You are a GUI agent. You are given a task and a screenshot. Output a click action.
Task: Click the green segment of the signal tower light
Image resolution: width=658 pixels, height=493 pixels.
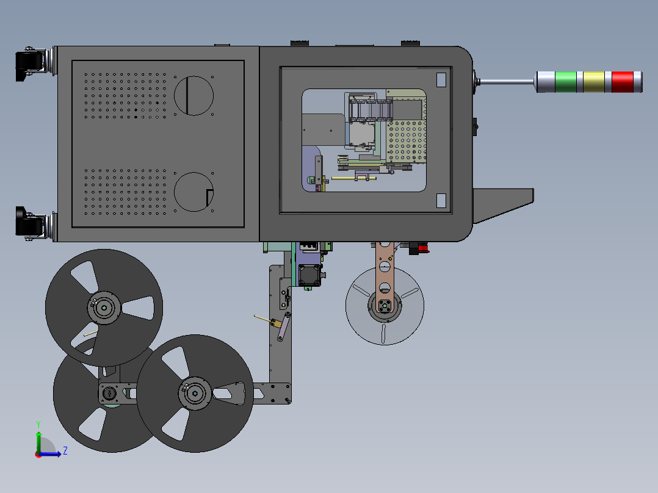(566, 82)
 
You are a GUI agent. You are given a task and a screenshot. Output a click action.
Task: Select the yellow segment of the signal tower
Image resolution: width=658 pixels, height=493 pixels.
(594, 82)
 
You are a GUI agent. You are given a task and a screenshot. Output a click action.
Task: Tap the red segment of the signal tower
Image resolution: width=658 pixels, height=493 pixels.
(623, 82)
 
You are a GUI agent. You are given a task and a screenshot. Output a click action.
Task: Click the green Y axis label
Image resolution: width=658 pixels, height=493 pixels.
(38, 425)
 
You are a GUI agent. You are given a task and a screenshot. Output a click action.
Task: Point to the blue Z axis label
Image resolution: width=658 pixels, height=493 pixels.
(65, 451)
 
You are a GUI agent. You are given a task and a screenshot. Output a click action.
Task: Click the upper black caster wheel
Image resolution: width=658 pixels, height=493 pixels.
(30, 65)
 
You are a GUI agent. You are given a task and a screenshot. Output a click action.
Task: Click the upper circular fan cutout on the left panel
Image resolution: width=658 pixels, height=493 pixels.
(193, 96)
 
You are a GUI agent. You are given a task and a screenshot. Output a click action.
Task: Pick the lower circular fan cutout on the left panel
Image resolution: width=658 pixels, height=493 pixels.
(193, 192)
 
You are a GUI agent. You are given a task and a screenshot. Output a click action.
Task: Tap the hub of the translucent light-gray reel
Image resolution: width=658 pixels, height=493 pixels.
(385, 306)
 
